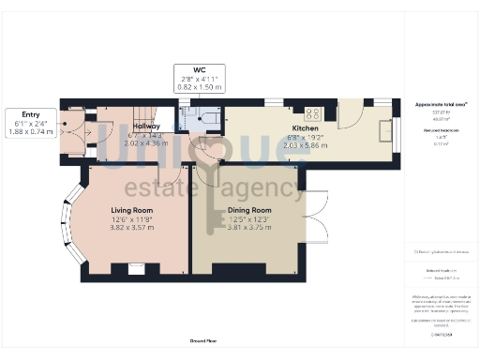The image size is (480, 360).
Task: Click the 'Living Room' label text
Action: click(131, 209)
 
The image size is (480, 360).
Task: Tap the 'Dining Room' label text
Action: click(248, 210)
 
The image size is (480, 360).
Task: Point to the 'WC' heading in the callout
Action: click(200, 68)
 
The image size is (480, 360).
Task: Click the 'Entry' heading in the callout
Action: click(30, 113)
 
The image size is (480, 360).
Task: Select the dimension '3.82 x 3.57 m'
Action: click(131, 227)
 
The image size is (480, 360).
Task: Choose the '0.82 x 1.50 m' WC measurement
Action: click(200, 86)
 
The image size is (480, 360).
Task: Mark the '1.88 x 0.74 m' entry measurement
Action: click(30, 132)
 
